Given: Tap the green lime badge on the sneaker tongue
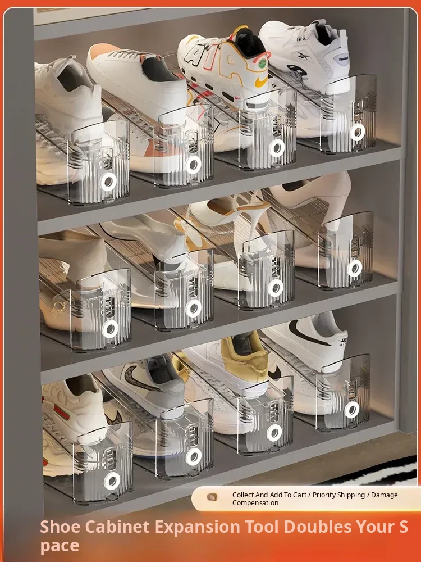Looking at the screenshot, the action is [x=263, y=62].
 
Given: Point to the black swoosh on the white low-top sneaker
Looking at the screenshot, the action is [x=307, y=334].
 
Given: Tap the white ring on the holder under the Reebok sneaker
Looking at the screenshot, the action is [x=357, y=132].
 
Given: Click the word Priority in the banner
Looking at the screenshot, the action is [x=325, y=495].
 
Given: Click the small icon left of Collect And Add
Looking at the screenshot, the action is [x=212, y=497].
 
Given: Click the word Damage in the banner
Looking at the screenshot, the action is [x=385, y=495].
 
